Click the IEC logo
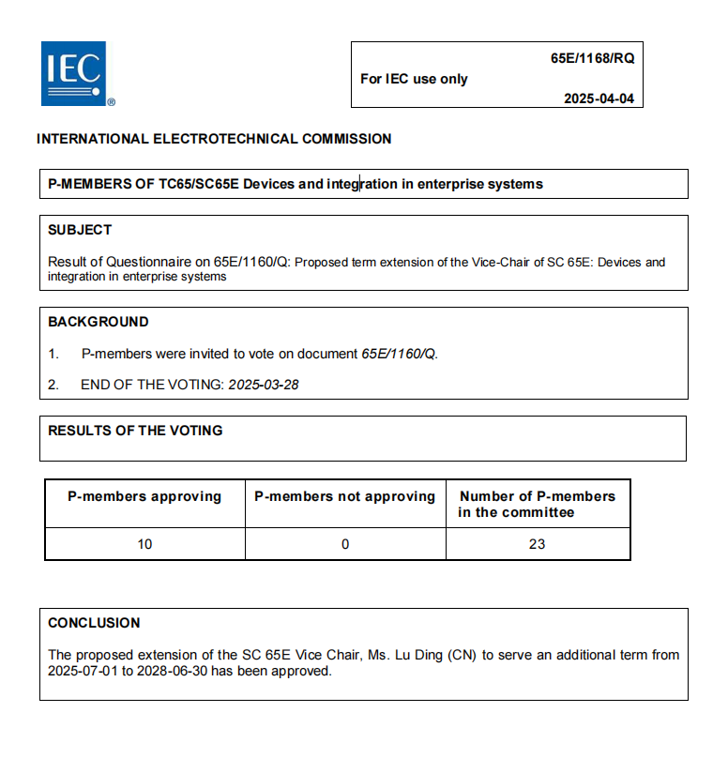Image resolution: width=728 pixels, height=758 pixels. [x=73, y=73]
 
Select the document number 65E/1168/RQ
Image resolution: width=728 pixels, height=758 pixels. [x=592, y=58]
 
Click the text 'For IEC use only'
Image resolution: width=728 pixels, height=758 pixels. [x=414, y=79]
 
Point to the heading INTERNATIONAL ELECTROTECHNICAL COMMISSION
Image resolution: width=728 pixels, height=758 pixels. [x=214, y=139]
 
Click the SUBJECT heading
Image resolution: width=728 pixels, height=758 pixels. [x=80, y=230]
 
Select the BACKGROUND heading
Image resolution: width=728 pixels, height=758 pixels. [x=99, y=322]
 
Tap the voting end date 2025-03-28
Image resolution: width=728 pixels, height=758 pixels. [x=264, y=385]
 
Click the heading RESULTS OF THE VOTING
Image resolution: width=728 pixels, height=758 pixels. [x=135, y=431]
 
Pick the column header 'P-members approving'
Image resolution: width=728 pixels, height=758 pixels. [x=144, y=496]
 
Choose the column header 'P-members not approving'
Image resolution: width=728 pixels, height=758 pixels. [x=345, y=496]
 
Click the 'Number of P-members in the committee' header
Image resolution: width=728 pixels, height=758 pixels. [x=537, y=504]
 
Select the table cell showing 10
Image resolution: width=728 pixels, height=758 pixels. [x=144, y=544]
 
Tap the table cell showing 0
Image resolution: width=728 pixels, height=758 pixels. [x=345, y=544]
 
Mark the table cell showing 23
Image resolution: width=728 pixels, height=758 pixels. [x=537, y=544]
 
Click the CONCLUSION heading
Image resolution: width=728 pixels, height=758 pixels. [x=94, y=623]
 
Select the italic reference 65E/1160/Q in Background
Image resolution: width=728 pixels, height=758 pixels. [x=400, y=354]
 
